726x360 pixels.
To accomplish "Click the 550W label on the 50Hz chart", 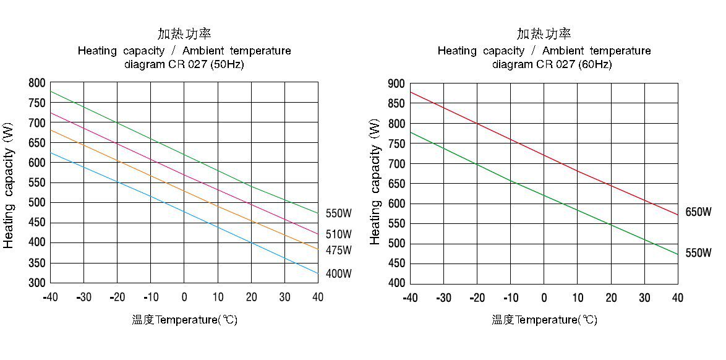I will [x=338, y=213].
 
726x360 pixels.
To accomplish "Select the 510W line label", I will [x=338, y=234].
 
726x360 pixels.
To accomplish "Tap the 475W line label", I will [x=338, y=251].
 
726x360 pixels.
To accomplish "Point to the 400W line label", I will [x=338, y=273].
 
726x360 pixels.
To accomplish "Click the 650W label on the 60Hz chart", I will [x=698, y=212].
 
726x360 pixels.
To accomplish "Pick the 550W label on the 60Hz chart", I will [x=698, y=253].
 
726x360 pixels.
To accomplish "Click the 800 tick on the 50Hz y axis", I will [x=37, y=83].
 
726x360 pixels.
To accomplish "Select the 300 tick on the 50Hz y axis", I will [x=37, y=283].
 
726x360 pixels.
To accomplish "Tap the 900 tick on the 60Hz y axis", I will [x=396, y=84].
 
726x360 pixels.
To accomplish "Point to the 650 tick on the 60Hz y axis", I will [x=396, y=184].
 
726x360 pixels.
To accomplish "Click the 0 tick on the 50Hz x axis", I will [x=184, y=297].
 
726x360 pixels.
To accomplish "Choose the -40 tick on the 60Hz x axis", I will [x=410, y=298].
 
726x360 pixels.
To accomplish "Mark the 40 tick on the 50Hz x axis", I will [x=317, y=297].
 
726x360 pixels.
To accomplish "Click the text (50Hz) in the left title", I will [x=227, y=64].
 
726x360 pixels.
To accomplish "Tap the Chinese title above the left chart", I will [x=184, y=34].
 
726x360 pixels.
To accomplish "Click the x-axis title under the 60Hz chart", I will [x=544, y=320].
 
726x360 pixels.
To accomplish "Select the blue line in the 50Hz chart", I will [x=184, y=212].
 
